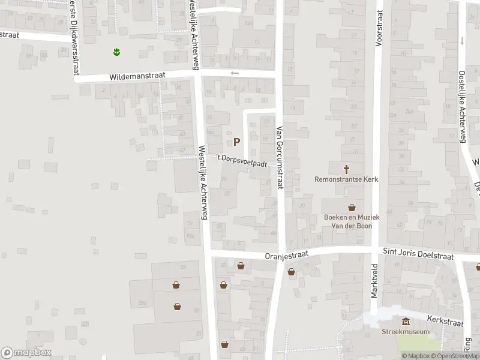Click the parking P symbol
(x=236, y=142)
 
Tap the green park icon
(x=116, y=52)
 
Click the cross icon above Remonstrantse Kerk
(x=346, y=169)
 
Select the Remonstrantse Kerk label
(x=346, y=179)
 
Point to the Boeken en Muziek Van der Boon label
(x=347, y=221)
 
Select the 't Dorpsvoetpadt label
(x=241, y=159)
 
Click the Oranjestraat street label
(x=286, y=255)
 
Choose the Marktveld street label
(x=374, y=280)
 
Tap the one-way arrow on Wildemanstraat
(x=235, y=73)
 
